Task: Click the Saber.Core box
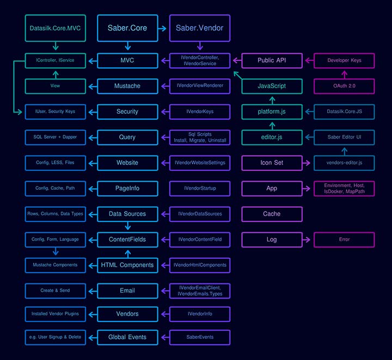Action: (x=127, y=28)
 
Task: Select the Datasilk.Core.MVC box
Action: (x=55, y=28)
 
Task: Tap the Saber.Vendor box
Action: (x=200, y=28)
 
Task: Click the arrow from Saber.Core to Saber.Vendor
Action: (x=162, y=28)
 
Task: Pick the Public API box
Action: (x=272, y=60)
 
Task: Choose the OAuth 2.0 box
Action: (x=344, y=86)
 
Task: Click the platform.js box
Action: (x=272, y=111)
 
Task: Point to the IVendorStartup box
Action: (x=200, y=189)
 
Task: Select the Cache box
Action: (x=272, y=214)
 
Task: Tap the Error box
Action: (x=344, y=240)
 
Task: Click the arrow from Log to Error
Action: (x=306, y=240)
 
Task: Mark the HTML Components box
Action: (x=127, y=265)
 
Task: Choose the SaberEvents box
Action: (x=200, y=337)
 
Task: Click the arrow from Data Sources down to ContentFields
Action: (x=128, y=226)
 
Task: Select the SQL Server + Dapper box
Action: (x=55, y=137)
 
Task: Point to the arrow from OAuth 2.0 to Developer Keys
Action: (x=345, y=75)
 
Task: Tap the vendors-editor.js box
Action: (x=344, y=163)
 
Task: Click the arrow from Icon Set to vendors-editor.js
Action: (x=306, y=163)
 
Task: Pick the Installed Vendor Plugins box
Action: (x=55, y=314)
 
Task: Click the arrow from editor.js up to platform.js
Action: (x=272, y=126)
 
